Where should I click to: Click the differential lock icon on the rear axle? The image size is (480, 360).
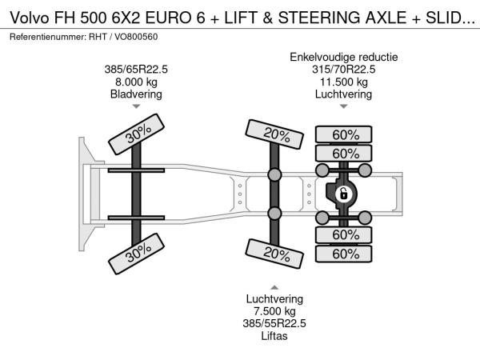pyautogui.click(x=343, y=194)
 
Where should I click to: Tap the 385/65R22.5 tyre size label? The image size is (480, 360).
pyautogui.click(x=136, y=70)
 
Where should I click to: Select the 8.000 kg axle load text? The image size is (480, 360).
pyautogui.click(x=136, y=82)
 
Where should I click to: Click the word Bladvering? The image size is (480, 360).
pyautogui.click(x=136, y=94)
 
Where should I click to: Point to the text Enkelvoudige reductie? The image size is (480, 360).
pyautogui.click(x=344, y=58)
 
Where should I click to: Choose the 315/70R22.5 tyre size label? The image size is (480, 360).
pyautogui.click(x=344, y=70)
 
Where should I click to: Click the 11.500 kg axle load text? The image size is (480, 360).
pyautogui.click(x=344, y=82)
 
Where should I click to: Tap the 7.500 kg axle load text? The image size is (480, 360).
pyautogui.click(x=274, y=311)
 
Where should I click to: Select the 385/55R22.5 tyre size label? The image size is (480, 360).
pyautogui.click(x=274, y=323)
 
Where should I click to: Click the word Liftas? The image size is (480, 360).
pyautogui.click(x=274, y=336)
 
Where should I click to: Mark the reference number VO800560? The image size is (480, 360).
pyautogui.click(x=136, y=37)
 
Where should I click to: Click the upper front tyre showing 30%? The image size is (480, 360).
pyautogui.click(x=136, y=134)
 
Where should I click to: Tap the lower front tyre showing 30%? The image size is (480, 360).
pyautogui.click(x=136, y=254)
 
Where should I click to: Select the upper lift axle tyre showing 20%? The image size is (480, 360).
pyautogui.click(x=274, y=134)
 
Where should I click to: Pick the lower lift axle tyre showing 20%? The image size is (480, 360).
pyautogui.click(x=274, y=254)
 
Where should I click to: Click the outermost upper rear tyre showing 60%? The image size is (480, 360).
pyautogui.click(x=344, y=134)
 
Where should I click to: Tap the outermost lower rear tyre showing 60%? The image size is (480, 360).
pyautogui.click(x=344, y=254)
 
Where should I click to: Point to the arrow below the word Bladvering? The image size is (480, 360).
pyautogui.click(x=136, y=106)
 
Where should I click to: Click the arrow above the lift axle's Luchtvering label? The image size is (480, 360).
pyautogui.click(x=274, y=287)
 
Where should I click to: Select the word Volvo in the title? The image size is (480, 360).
pyautogui.click(x=30, y=18)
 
